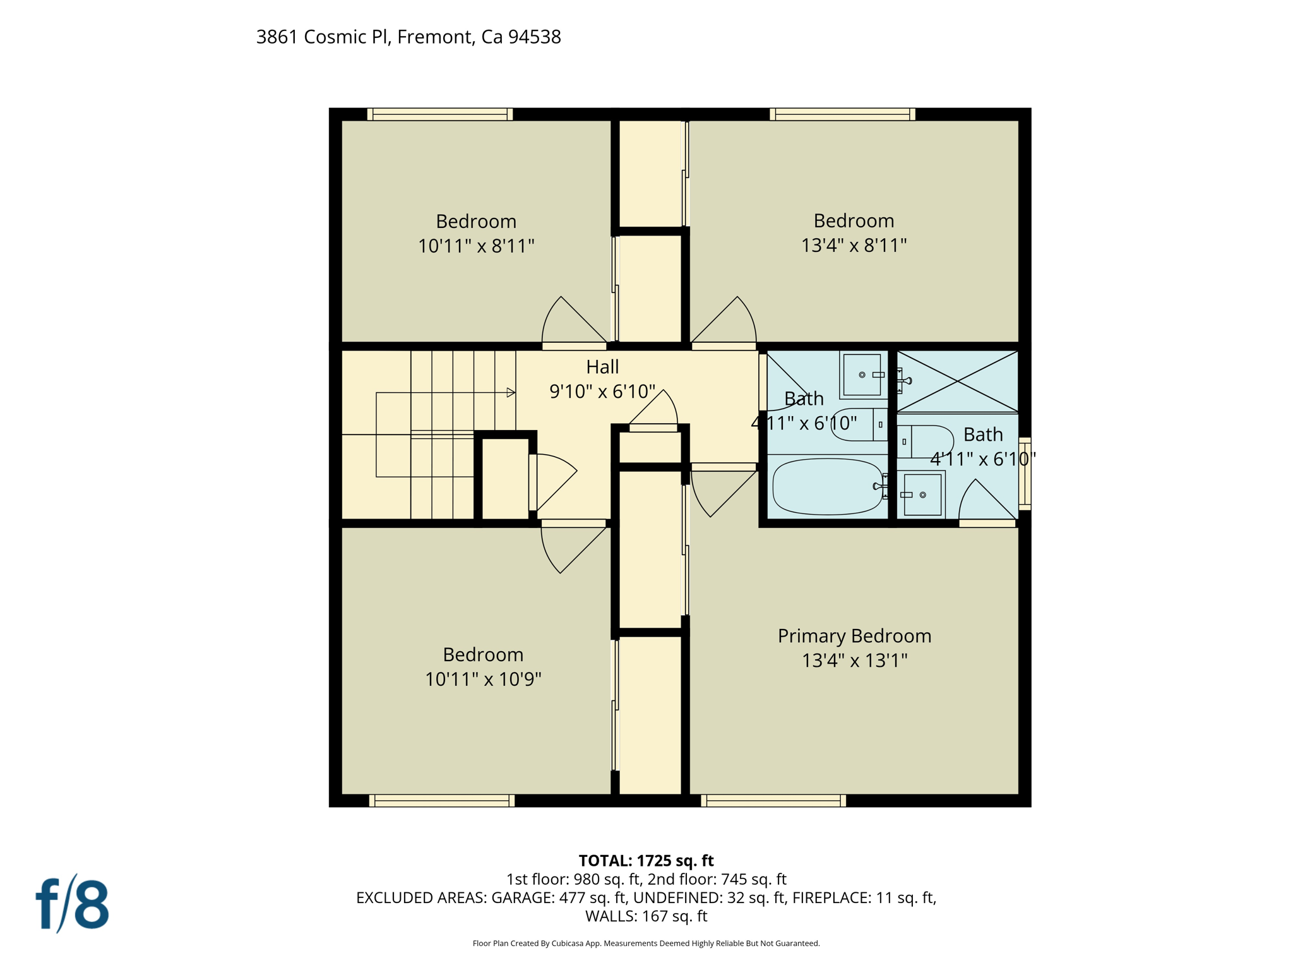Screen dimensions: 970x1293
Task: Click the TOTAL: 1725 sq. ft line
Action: [646, 861]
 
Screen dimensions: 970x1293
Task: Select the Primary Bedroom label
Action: [854, 636]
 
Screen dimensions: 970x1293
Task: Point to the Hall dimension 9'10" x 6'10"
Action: [602, 392]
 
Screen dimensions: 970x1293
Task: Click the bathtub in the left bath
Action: [827, 486]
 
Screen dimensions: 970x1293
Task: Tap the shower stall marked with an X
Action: [957, 381]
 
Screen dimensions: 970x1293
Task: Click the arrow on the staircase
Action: [511, 393]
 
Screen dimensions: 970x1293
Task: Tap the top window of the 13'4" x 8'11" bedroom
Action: [842, 114]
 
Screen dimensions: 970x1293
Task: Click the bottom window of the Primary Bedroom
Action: [773, 801]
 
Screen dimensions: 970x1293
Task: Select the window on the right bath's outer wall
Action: [1025, 474]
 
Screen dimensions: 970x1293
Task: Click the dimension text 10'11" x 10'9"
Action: [483, 680]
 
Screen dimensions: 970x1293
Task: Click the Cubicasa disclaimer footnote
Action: [646, 943]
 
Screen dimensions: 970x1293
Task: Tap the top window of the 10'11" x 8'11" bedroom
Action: [440, 114]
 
